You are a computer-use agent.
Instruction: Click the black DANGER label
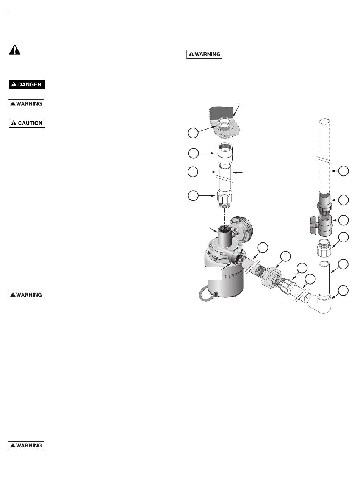coord(27,84)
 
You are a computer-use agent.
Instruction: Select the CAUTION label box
coord(27,123)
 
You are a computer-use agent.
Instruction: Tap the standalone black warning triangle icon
coord(15,50)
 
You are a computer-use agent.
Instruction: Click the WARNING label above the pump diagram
coord(204,54)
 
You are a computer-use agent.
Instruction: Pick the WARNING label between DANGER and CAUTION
coord(26,104)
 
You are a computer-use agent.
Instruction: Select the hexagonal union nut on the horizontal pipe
coord(271,278)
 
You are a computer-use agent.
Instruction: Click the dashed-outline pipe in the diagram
coord(324,156)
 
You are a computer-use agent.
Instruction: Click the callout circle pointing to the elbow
coord(343,291)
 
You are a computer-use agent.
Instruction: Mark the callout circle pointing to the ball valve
coord(343,220)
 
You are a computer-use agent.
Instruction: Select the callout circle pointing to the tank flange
coord(193,133)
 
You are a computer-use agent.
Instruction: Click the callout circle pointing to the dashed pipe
coord(343,171)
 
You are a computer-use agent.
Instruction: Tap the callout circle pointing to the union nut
coord(285,256)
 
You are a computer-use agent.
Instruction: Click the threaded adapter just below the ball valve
coord(324,248)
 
